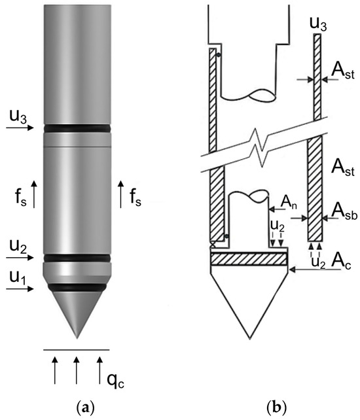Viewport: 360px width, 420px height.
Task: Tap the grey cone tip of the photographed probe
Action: [77, 311]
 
